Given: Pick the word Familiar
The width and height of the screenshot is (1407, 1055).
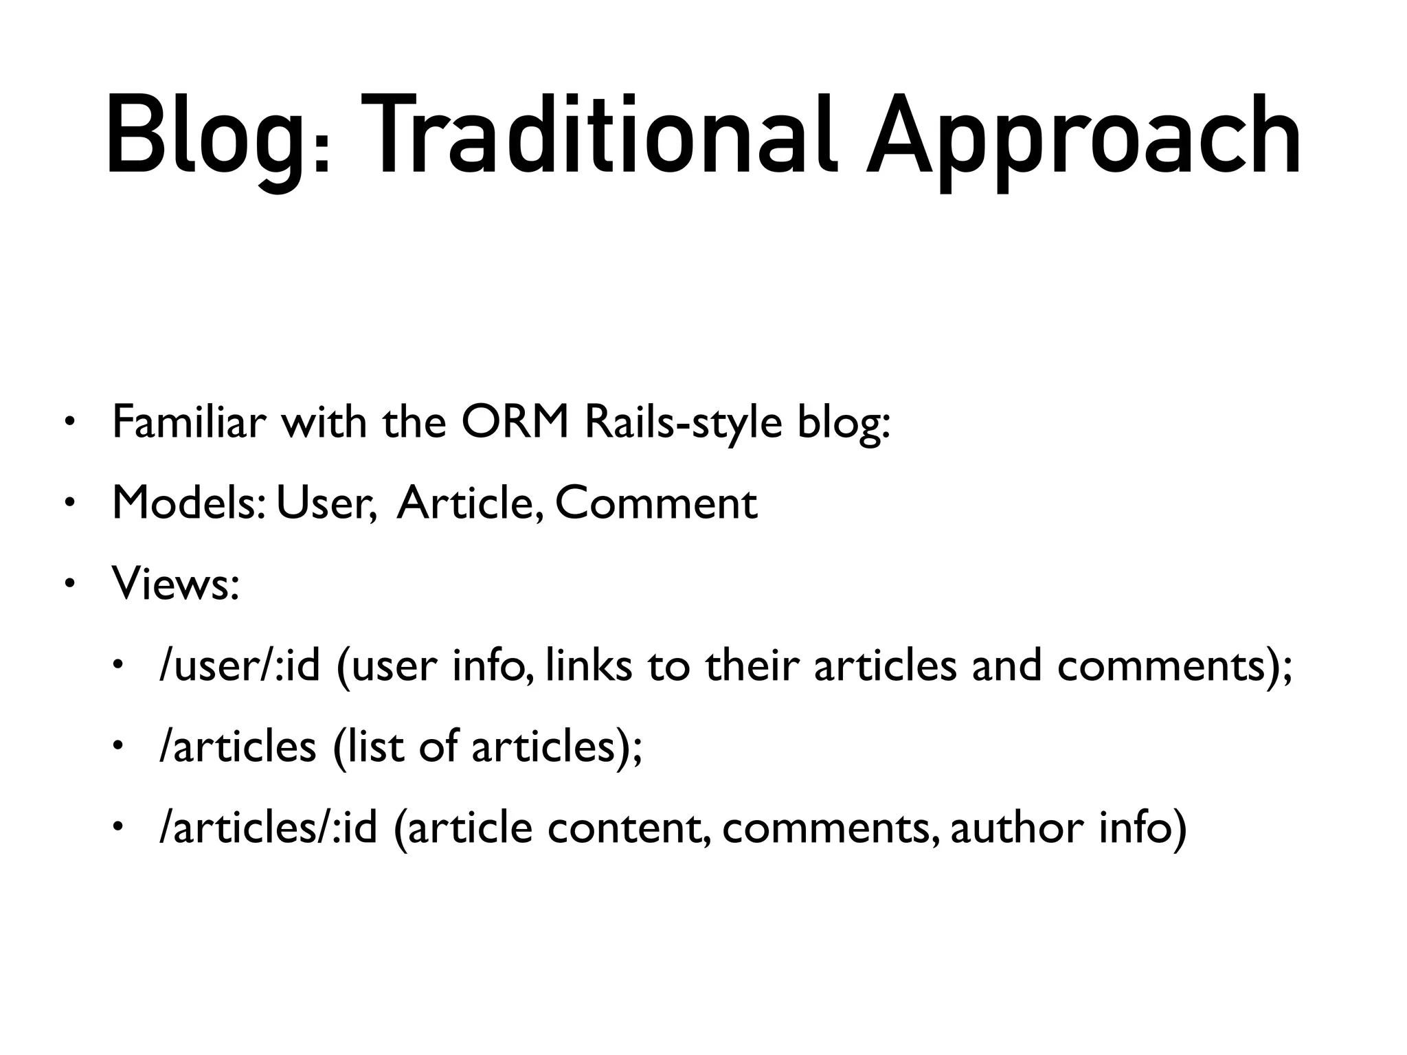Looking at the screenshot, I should coord(189,422).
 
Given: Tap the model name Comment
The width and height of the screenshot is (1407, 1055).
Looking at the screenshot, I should coord(656,503).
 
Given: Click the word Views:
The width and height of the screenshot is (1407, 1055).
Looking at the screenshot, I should coord(176,585).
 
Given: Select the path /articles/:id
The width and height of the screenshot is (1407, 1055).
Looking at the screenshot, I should coord(269,828).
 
